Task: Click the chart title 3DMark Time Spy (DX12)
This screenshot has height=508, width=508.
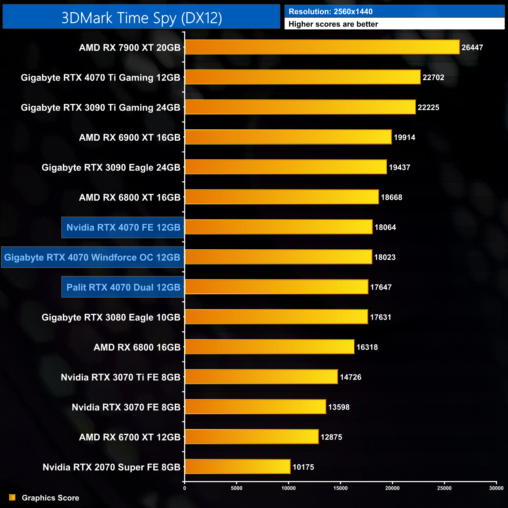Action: click(x=141, y=18)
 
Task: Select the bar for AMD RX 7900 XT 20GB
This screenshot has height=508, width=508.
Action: click(x=322, y=47)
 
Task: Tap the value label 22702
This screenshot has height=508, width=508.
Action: click(x=433, y=77)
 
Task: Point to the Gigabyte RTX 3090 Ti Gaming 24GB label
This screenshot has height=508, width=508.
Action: click(x=100, y=107)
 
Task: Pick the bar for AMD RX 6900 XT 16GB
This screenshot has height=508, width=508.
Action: click(x=288, y=137)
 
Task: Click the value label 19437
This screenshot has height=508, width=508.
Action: click(x=399, y=167)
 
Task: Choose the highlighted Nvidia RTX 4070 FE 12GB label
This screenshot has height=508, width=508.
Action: click(x=123, y=227)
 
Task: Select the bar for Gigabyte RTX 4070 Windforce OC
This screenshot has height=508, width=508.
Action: click(x=278, y=257)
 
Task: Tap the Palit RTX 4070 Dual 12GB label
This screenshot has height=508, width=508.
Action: click(x=123, y=287)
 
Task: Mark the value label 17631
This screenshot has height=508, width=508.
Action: click(x=381, y=317)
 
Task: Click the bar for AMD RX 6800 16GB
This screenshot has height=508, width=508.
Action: click(x=270, y=347)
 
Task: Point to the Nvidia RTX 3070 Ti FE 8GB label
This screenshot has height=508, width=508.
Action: click(x=120, y=377)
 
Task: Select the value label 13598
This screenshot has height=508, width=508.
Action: click(x=339, y=407)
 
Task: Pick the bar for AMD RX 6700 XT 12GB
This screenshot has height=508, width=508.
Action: click(x=252, y=437)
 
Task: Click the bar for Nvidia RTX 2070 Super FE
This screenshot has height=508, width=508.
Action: click(x=238, y=467)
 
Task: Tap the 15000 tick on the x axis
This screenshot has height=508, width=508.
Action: click(x=340, y=488)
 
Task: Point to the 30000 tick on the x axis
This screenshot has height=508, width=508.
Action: click(x=496, y=488)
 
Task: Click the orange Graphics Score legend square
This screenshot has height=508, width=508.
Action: click(x=13, y=497)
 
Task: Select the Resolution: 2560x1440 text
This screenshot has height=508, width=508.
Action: click(x=331, y=12)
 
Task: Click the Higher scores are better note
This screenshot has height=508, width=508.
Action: click(x=333, y=24)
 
